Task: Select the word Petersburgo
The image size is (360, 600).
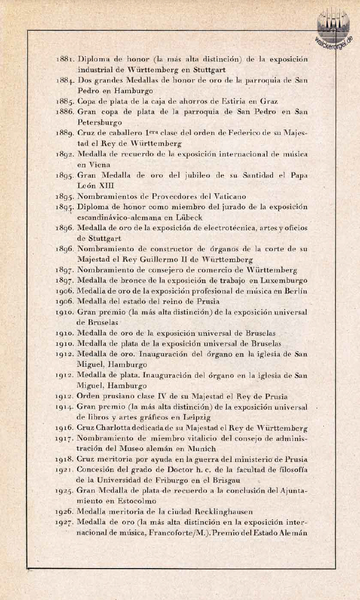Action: pos(98,122)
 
